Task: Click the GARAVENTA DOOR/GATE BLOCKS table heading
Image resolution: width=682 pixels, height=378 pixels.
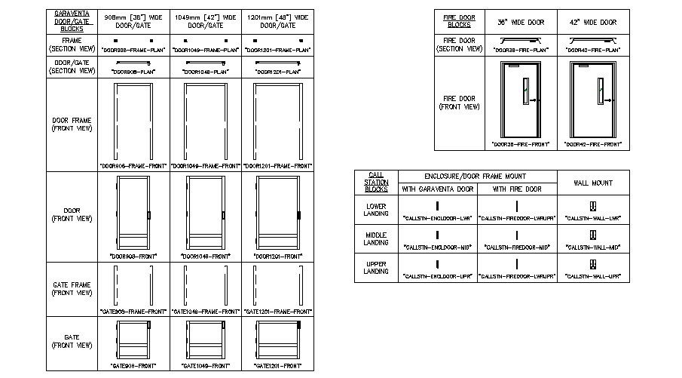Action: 72,20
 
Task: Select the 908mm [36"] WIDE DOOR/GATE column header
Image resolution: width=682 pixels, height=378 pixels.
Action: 133,20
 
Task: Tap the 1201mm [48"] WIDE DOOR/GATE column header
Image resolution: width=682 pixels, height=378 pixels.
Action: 278,20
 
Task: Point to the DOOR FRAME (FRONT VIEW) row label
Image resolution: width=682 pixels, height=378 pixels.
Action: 72,124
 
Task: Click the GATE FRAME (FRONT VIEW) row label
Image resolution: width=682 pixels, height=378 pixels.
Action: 72,288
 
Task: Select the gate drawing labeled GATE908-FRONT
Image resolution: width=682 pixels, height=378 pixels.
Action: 133,340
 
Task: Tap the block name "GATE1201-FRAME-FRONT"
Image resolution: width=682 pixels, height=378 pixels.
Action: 278,311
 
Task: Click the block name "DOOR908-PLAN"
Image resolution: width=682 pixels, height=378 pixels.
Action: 133,72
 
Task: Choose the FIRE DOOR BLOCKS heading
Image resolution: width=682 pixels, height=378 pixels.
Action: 459,20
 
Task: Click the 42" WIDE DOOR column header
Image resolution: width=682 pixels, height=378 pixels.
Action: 594,23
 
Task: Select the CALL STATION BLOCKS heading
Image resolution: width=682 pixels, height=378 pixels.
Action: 376,182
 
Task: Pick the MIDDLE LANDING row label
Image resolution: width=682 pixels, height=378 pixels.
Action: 376,238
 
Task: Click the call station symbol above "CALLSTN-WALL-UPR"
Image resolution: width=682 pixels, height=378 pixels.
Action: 594,263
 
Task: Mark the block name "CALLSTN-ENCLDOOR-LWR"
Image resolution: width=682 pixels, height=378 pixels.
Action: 438,217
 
